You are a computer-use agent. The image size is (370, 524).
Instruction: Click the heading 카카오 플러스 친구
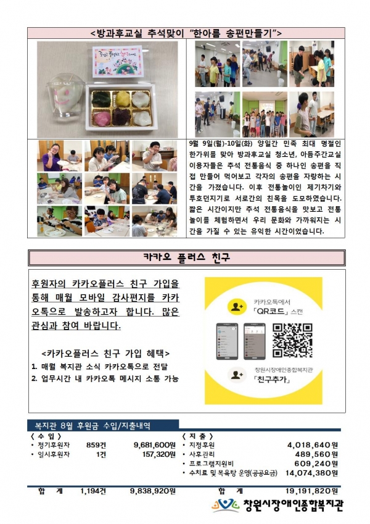coord(186,256)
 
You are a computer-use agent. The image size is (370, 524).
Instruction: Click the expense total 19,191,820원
coord(308,491)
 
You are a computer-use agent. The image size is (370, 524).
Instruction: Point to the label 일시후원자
coord(53,454)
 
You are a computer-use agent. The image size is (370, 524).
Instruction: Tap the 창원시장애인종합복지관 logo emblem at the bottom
coord(226,505)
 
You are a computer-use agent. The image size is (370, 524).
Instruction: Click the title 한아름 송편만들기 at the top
coord(186,32)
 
